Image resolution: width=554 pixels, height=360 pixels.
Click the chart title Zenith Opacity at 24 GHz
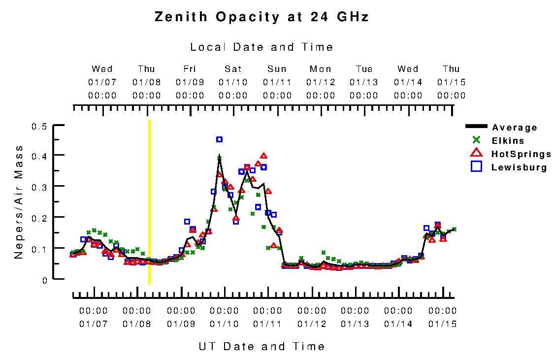[x=261, y=17]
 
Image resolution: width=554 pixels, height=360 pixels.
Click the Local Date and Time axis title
[x=261, y=47]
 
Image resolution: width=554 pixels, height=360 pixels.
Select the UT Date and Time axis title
[x=261, y=346]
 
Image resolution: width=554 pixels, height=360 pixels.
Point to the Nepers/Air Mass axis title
[x=19, y=202]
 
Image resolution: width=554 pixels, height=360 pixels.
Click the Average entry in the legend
[x=514, y=128]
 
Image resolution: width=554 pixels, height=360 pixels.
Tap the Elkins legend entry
[x=508, y=141]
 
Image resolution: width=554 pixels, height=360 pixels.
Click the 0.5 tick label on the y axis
[x=39, y=127]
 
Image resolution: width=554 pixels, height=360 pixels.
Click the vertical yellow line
[x=149, y=202]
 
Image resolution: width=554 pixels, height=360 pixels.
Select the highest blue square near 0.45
[x=219, y=139]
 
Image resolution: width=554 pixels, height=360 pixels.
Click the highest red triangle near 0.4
[x=263, y=156]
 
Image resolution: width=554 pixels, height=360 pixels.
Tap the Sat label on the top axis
[x=233, y=69]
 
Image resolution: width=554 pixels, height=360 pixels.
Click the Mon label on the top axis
[x=321, y=69]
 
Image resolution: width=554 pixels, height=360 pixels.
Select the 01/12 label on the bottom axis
[x=312, y=324]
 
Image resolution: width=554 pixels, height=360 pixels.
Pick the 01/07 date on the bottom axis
[x=93, y=324]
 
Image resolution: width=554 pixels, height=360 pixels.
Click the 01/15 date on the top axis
[x=451, y=82]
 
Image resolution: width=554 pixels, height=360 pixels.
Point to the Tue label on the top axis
[x=364, y=69]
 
